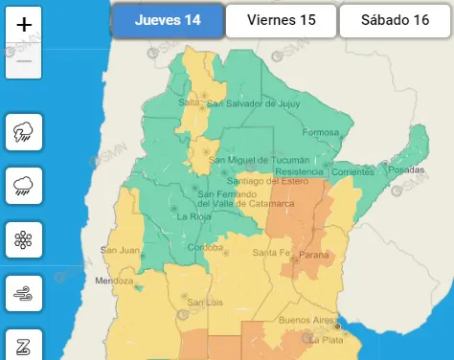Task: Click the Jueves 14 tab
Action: click(169, 20)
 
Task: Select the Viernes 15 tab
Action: click(282, 20)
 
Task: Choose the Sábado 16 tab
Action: click(396, 20)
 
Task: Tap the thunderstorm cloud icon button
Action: click(23, 132)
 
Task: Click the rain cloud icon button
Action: click(23, 186)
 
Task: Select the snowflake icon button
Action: click(23, 239)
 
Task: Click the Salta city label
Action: click(188, 102)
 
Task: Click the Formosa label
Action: click(321, 131)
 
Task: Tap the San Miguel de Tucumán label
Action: click(260, 159)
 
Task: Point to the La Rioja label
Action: click(194, 216)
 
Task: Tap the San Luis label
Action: click(205, 303)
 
